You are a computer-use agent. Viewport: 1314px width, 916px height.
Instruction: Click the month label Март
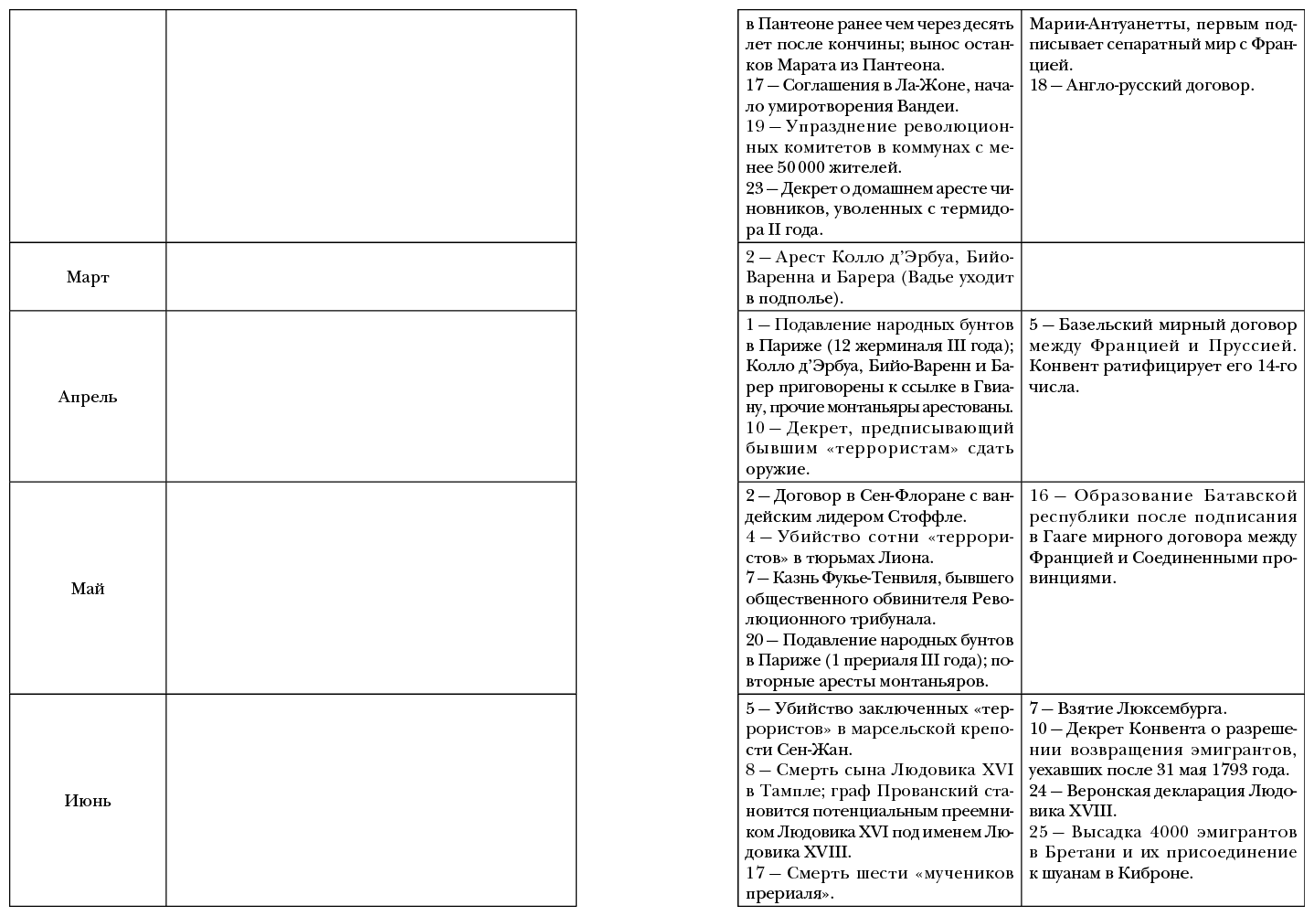pyautogui.click(x=88, y=277)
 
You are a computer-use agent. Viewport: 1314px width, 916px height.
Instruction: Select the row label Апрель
pyautogui.click(x=88, y=397)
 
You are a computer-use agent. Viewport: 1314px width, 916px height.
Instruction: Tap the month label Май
pyautogui.click(x=88, y=589)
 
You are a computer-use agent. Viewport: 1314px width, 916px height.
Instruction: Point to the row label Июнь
pyautogui.click(x=88, y=801)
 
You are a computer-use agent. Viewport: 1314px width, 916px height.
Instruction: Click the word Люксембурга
pyautogui.click(x=1174, y=708)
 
